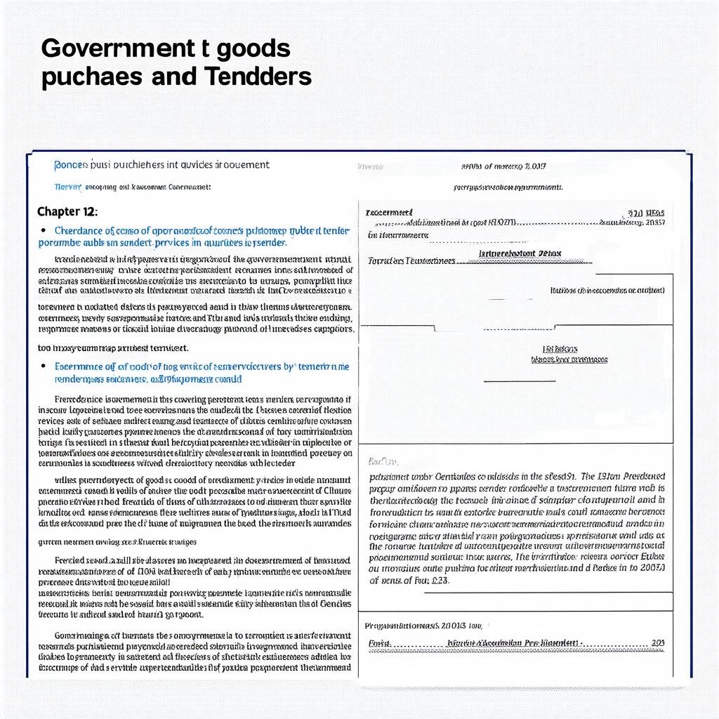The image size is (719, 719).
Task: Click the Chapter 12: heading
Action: click(67, 211)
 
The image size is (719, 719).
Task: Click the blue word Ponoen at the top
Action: click(71, 165)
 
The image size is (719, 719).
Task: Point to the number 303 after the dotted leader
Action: click(657, 642)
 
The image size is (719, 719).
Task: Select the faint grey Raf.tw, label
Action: click(383, 461)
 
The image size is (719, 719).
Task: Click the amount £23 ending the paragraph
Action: click(438, 581)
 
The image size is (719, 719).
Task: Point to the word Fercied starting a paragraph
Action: click(72, 560)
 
